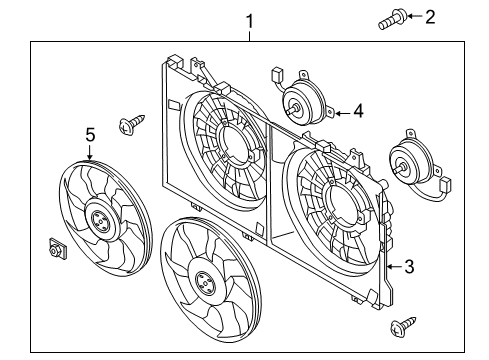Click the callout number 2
430,17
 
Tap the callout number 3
409,267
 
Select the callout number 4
358,111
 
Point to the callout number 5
90,135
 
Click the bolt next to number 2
392,19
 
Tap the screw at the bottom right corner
403,326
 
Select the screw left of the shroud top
131,124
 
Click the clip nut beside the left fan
57,249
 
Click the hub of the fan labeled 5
100,220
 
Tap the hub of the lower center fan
204,283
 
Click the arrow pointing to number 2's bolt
415,16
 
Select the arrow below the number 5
89,152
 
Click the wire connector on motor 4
277,75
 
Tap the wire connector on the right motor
446,185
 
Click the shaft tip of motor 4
289,110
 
